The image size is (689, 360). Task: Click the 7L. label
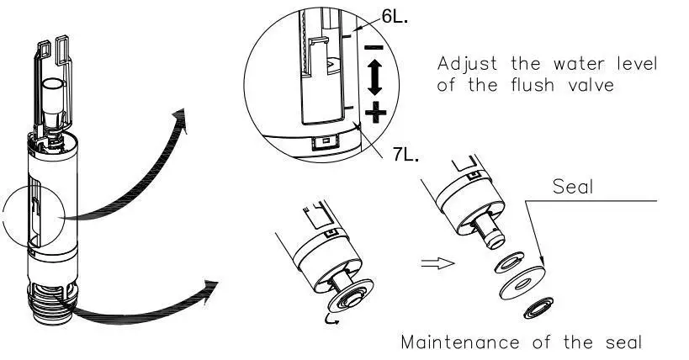point(405,156)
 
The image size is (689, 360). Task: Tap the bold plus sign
point(376,111)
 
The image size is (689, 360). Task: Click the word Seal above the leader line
point(572,187)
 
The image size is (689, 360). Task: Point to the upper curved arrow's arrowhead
point(180,118)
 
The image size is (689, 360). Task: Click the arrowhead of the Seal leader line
point(540,262)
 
